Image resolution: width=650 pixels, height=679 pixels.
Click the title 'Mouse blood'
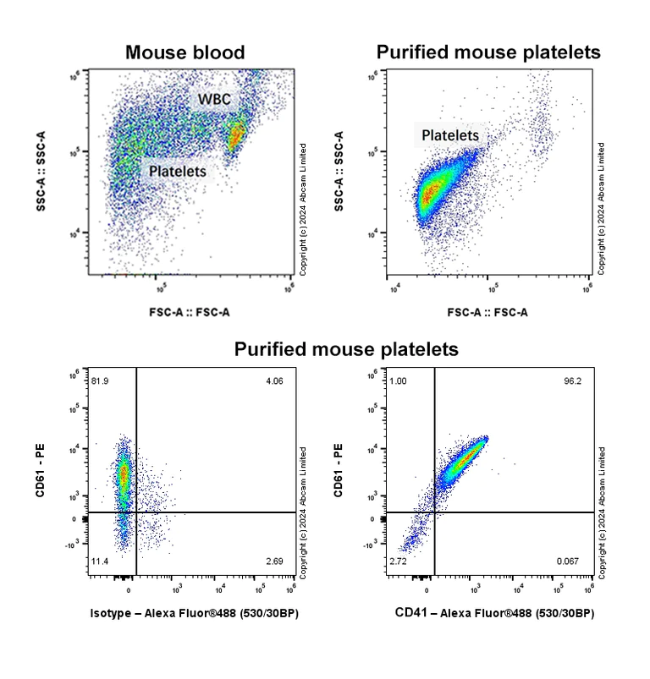(185, 52)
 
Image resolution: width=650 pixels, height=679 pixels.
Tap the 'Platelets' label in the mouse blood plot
(177, 171)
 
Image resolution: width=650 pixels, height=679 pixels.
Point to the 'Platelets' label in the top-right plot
(450, 135)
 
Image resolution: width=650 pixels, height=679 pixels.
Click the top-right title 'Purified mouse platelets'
(488, 52)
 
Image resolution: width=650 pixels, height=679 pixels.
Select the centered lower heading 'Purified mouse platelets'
(346, 348)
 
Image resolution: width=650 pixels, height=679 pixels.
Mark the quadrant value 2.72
(399, 561)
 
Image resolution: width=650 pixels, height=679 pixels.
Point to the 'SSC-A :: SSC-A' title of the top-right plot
(339, 172)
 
